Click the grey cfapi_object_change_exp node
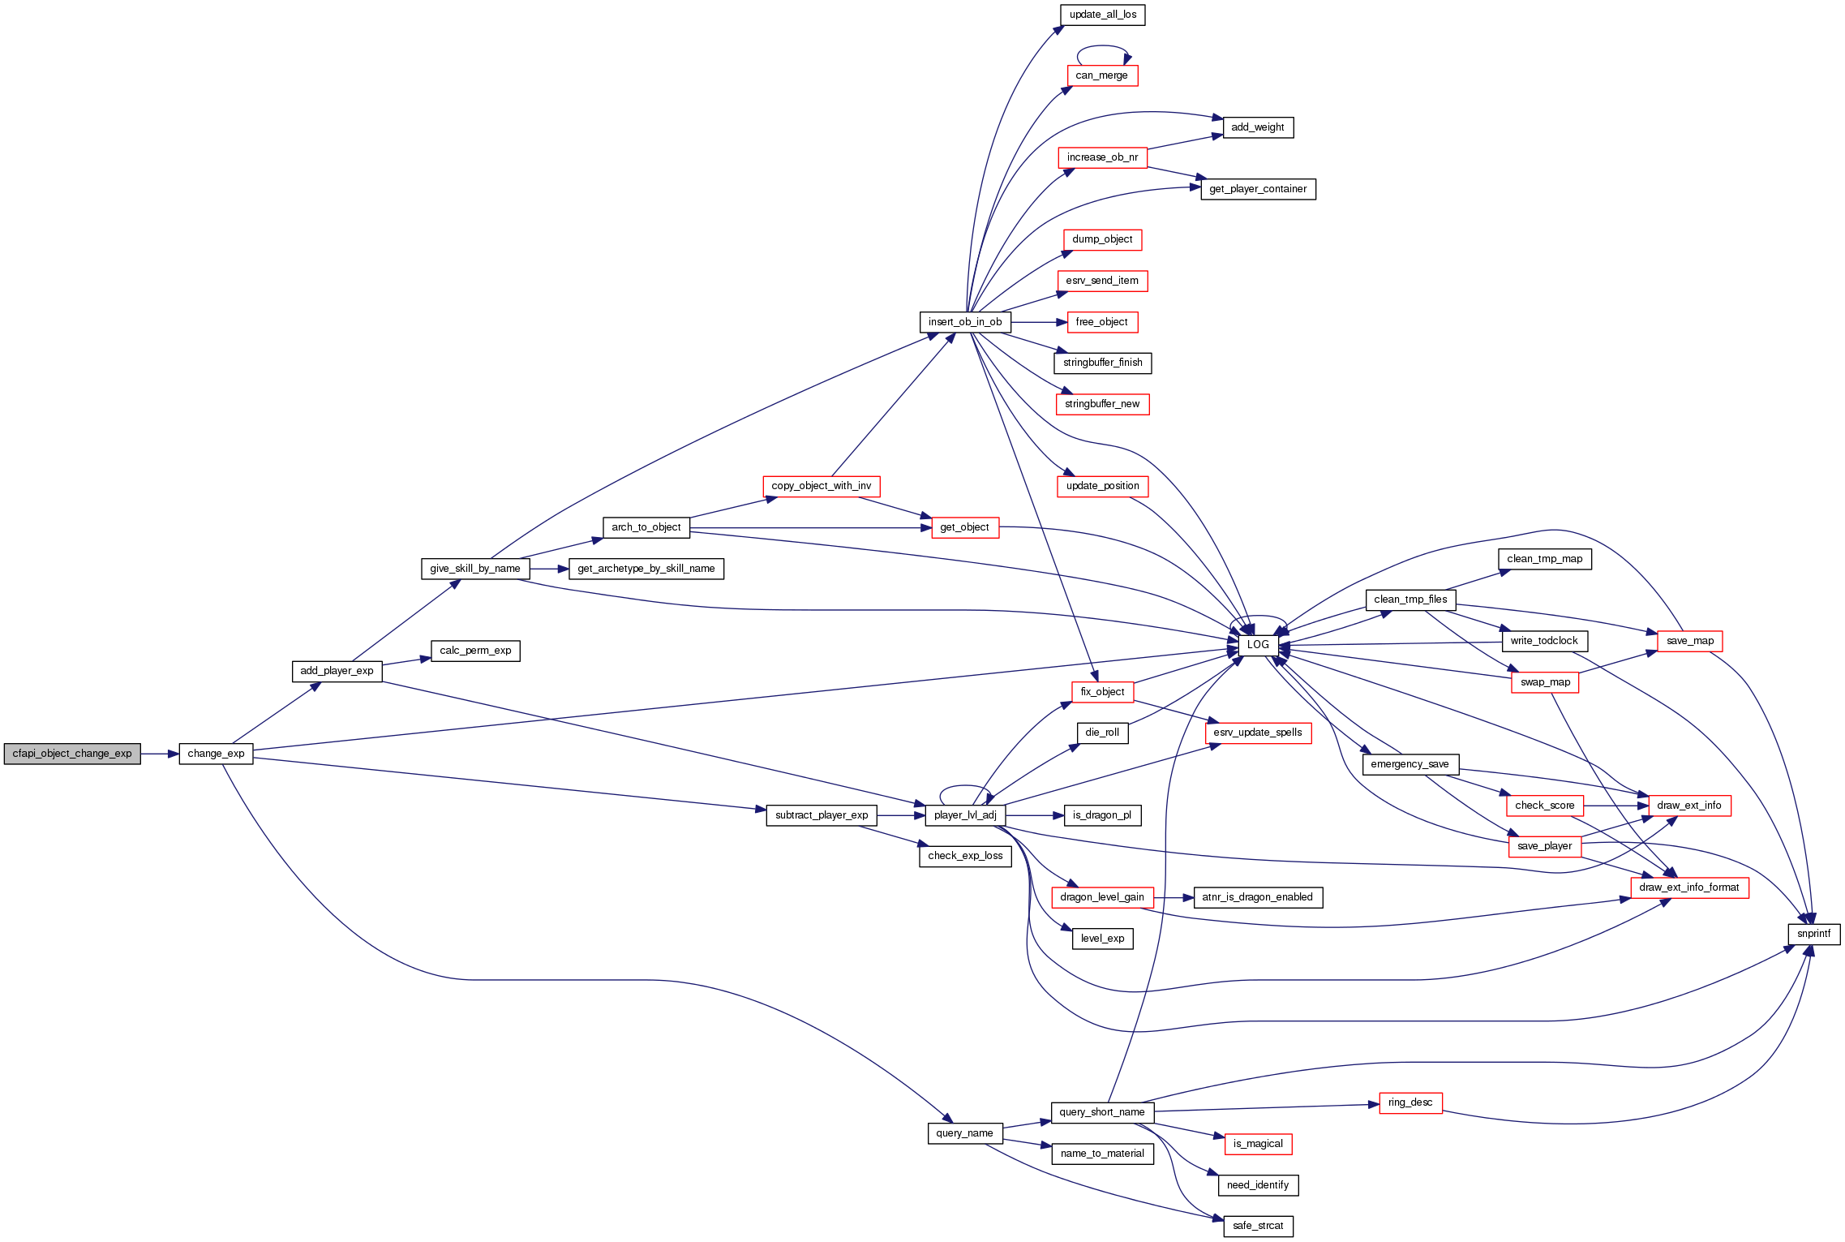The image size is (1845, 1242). point(72,754)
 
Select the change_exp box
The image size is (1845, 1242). point(216,754)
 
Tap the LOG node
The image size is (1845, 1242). point(1258,645)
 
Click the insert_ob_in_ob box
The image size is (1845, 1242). point(965,322)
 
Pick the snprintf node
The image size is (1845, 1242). point(1813,934)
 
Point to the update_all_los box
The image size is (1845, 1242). point(1102,15)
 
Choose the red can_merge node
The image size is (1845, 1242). point(1101,75)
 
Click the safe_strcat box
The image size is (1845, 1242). point(1258,1226)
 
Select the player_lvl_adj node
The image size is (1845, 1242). point(965,815)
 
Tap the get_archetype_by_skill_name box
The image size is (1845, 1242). point(646,569)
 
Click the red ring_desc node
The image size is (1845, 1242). point(1410,1102)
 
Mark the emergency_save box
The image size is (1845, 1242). point(1409,764)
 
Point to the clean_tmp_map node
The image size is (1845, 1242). point(1545,559)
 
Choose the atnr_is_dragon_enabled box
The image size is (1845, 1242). point(1258,897)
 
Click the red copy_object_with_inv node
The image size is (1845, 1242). point(821,486)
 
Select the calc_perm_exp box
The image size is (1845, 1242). point(475,651)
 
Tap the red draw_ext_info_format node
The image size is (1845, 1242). point(1689,887)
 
